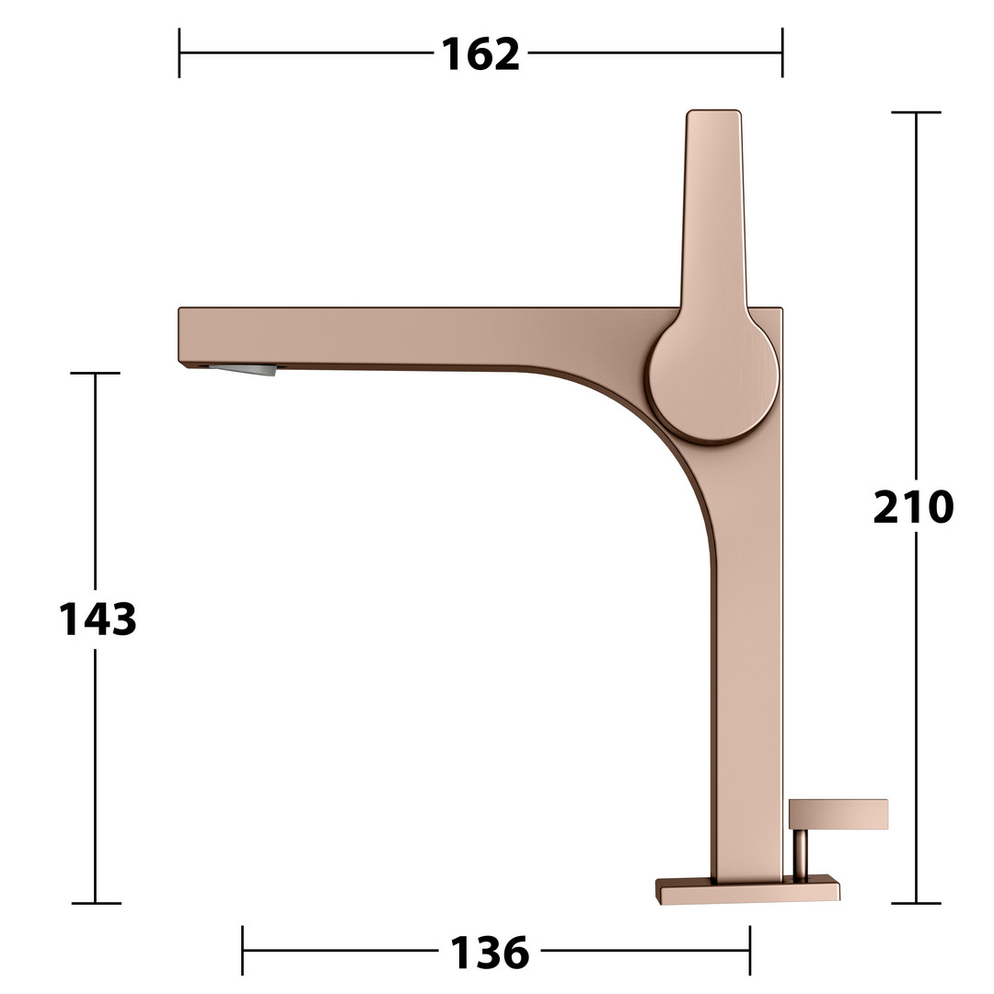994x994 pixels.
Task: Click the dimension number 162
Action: (480, 54)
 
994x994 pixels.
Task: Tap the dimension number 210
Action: (914, 507)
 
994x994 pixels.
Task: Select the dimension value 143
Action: (98, 619)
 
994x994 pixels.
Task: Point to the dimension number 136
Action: (489, 953)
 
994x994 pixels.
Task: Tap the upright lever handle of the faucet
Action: (714, 209)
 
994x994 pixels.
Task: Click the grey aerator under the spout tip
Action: (244, 370)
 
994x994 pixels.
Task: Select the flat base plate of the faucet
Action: (748, 889)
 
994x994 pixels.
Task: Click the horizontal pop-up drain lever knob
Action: (838, 815)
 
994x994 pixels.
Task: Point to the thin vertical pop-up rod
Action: (802, 855)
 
